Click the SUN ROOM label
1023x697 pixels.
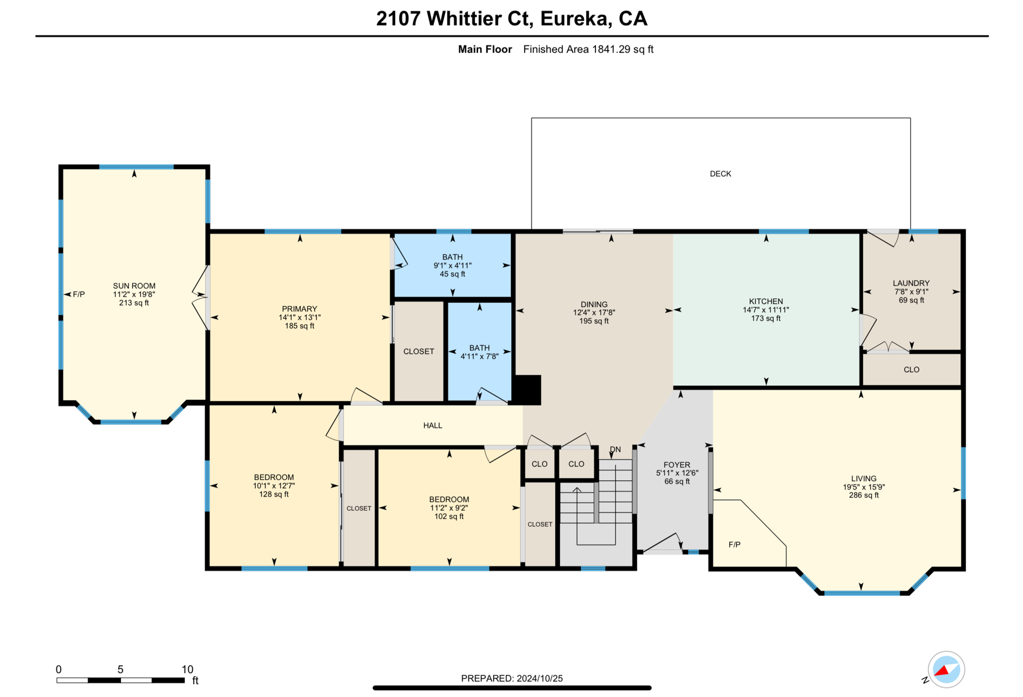tap(134, 286)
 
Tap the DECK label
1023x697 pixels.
tap(720, 174)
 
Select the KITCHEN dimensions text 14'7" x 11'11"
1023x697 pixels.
tap(765, 310)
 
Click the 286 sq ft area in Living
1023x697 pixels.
tap(864, 495)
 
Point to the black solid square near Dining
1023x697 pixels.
tap(527, 389)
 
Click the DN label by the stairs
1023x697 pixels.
tap(615, 449)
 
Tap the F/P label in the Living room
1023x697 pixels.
tap(734, 545)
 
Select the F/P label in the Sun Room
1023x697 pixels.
tap(79, 294)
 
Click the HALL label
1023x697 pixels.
tap(433, 425)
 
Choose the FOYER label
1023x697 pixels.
tap(677, 465)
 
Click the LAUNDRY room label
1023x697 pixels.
tap(911, 283)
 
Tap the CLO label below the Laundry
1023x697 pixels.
tap(911, 370)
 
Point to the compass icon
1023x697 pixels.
tap(946, 670)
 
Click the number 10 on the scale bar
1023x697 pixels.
tap(187, 670)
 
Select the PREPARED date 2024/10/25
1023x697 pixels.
tap(539, 679)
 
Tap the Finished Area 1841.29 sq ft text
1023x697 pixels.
tap(588, 49)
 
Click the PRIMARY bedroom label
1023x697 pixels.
tap(299, 309)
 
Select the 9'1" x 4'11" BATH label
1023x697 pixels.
tap(453, 265)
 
